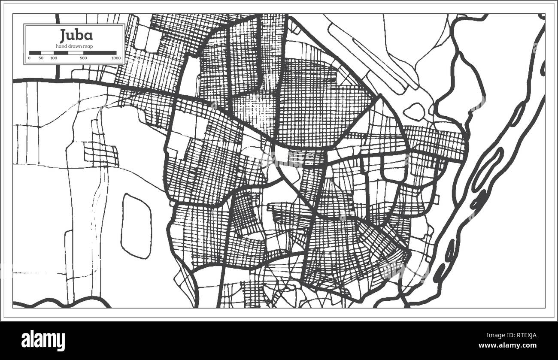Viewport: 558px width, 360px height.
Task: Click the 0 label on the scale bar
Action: click(29, 58)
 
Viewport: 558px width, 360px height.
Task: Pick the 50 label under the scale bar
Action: click(41, 58)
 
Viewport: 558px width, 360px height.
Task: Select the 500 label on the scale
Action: click(83, 58)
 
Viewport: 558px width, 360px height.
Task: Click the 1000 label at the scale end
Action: click(115, 58)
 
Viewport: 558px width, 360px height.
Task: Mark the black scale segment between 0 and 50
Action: click(35, 53)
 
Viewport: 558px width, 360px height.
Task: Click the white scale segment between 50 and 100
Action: click(47, 53)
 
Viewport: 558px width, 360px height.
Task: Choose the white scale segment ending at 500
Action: click(76, 53)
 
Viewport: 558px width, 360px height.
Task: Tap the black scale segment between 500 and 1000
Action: click(100, 53)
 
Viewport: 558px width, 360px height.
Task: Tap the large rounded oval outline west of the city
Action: click(136, 226)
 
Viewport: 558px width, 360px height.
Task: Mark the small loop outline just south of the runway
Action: click(414, 112)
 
